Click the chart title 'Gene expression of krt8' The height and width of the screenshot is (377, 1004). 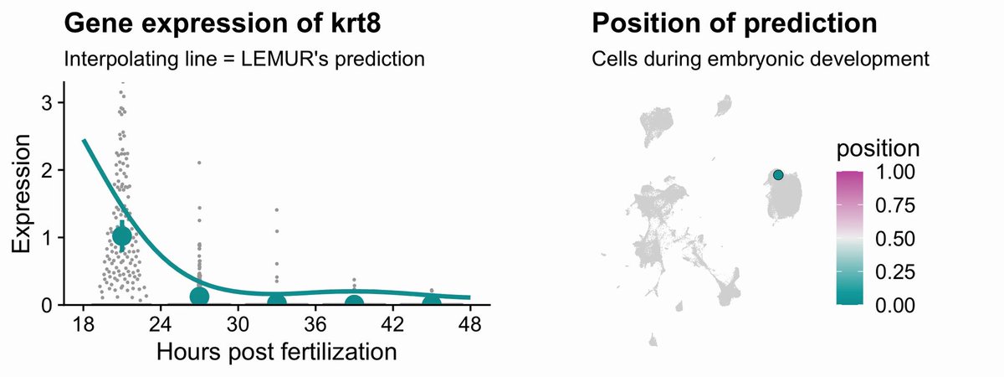pos(223,23)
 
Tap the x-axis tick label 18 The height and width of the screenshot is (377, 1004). pos(83,323)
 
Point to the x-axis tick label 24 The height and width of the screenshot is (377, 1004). pos(161,323)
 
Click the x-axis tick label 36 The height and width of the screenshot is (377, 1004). pos(315,323)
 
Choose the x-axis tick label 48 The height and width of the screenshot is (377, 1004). pos(469,323)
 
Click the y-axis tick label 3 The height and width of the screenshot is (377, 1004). pos(47,103)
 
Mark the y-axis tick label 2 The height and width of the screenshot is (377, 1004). pos(47,171)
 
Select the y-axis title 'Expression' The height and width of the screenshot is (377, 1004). pos(21,194)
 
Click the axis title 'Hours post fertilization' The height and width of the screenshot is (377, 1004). pos(277,352)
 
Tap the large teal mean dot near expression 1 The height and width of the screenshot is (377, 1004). pos(121,235)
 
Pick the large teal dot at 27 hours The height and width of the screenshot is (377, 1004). pos(199,297)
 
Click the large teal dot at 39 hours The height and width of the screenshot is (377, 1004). pos(354,302)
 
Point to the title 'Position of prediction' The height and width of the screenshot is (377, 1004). pos(735,23)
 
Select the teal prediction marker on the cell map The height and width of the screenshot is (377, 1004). pos(778,174)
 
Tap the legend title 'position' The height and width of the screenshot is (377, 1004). pos(878,148)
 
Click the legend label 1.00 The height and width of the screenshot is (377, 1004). pos(894,172)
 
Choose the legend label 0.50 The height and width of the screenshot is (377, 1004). pos(894,239)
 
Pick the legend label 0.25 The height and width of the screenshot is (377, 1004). pos(894,272)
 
